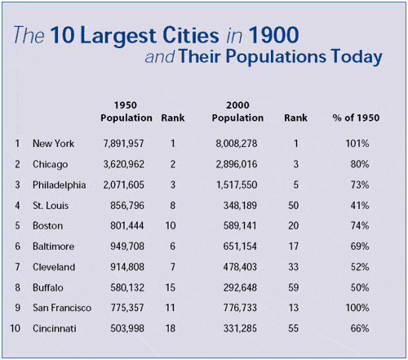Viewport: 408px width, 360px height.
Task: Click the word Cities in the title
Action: coord(190,35)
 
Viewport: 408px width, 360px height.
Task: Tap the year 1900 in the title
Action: coord(273,35)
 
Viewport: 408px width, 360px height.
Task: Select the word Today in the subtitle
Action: coord(357,57)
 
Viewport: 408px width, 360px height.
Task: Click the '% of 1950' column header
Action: coord(356,118)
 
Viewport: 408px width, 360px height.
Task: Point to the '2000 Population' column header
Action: coord(237,111)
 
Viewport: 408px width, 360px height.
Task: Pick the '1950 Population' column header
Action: coord(126,111)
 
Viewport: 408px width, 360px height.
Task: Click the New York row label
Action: coord(53,144)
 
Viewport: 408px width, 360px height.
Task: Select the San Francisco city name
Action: coord(62,308)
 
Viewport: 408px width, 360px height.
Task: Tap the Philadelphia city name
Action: coord(60,185)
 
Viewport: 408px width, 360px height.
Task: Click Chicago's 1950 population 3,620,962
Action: coord(123,164)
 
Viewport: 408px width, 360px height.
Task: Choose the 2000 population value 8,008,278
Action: coord(237,144)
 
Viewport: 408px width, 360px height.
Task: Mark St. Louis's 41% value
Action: coord(360,206)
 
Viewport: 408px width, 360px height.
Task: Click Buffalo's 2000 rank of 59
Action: coord(294,287)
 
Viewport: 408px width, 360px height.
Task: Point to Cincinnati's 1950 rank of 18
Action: coord(171,328)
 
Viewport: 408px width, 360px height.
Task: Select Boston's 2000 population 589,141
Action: coord(240,226)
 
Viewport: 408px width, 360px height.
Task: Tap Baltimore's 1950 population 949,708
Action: coord(127,247)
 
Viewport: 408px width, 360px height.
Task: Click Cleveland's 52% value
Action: coord(360,267)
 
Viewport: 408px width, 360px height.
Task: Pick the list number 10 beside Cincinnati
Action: coord(16,328)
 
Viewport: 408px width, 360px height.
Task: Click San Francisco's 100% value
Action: coord(357,308)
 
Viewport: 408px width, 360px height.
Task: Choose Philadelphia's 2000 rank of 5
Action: coord(296,185)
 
